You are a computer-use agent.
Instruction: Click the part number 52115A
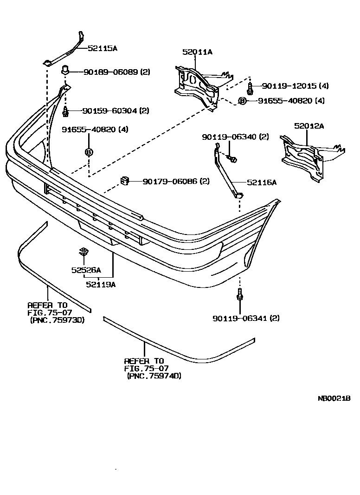coord(102,47)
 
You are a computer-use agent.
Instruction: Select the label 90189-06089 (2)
coord(117,72)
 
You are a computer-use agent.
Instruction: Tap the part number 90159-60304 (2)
coord(116,111)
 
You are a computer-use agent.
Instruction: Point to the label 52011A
coord(197,52)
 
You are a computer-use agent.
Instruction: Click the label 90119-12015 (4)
coord(295,86)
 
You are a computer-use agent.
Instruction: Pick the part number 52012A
coord(309,125)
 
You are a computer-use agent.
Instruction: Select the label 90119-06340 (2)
coord(235,137)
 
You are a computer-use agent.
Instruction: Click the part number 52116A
coord(261,182)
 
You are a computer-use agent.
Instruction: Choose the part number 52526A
coord(86,270)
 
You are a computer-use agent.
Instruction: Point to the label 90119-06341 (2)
coord(246,318)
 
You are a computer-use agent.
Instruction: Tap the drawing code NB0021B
coord(334,398)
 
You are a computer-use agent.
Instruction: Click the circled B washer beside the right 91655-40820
coord(242,100)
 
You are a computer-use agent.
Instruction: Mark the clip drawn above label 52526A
coord(84,252)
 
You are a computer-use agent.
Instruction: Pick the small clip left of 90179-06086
coord(124,180)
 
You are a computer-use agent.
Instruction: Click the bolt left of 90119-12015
coord(250,87)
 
